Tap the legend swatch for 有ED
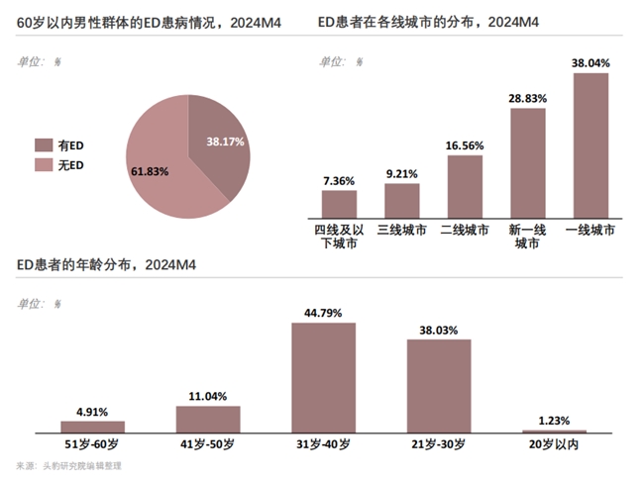click(x=45, y=144)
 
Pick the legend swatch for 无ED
click(x=45, y=164)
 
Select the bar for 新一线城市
click(x=528, y=162)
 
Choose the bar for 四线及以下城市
click(x=339, y=203)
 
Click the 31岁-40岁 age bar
click(x=323, y=377)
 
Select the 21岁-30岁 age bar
click(x=439, y=385)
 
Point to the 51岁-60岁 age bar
click(x=92, y=427)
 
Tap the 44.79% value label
click(x=323, y=313)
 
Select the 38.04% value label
click(x=590, y=63)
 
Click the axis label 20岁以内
click(x=555, y=444)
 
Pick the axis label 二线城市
click(x=465, y=230)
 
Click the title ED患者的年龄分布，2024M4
click(x=105, y=265)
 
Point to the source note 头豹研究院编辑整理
click(x=83, y=465)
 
